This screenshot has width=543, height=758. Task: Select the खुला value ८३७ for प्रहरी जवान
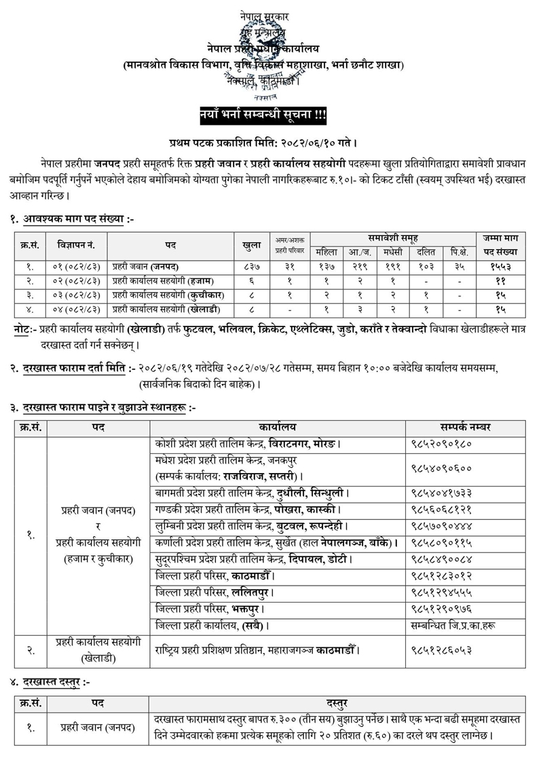coord(250,267)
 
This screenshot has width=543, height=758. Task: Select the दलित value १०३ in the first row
coord(426,267)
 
